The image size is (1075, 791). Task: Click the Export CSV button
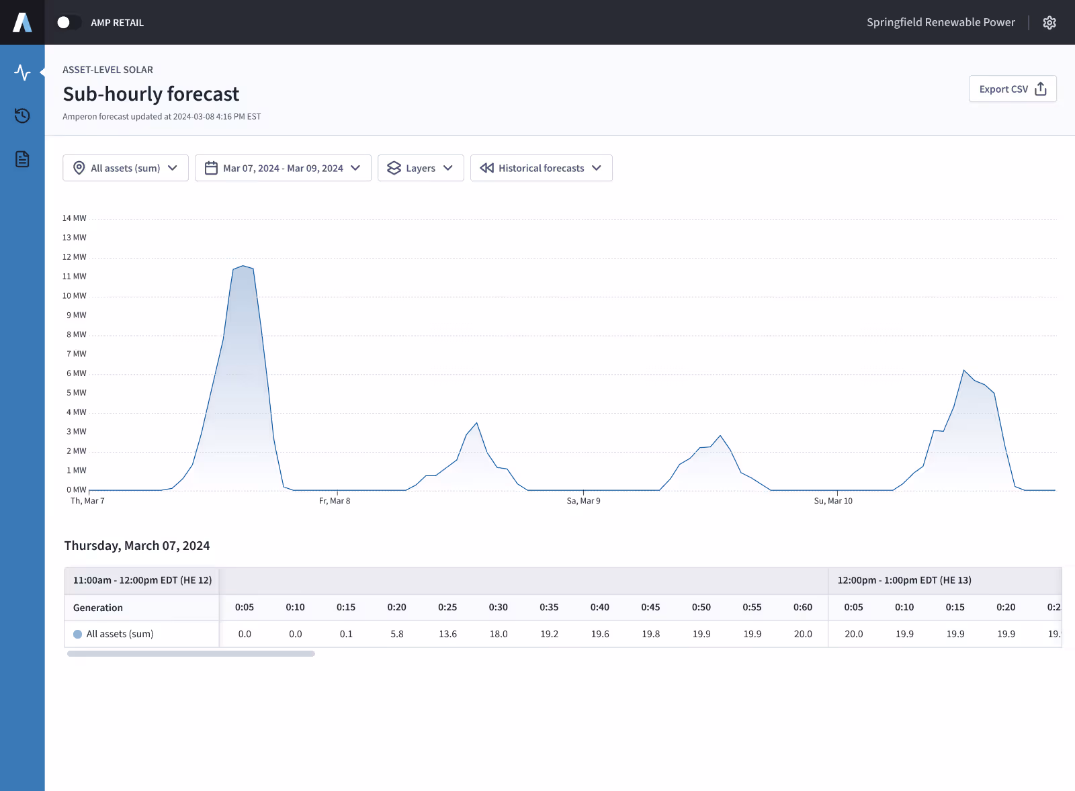pyautogui.click(x=1012, y=89)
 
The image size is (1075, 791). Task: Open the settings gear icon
pyautogui.click(x=1049, y=23)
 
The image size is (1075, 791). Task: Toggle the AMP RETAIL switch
pyautogui.click(x=69, y=23)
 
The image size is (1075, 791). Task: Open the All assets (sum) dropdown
pyautogui.click(x=126, y=168)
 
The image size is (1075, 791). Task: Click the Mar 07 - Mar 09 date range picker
pyautogui.click(x=283, y=168)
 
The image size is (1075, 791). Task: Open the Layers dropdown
pyautogui.click(x=421, y=168)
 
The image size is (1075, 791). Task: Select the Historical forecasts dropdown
pyautogui.click(x=541, y=168)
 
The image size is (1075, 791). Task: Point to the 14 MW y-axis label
pyautogui.click(x=75, y=218)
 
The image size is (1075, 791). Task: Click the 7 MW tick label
pyautogui.click(x=77, y=354)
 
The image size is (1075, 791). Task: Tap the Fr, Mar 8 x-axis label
pyautogui.click(x=335, y=501)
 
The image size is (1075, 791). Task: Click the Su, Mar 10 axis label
pyautogui.click(x=833, y=501)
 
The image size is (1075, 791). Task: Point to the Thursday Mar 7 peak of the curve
pyautogui.click(x=243, y=266)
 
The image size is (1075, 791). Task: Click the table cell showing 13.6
pyautogui.click(x=447, y=634)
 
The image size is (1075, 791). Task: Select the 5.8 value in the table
pyautogui.click(x=397, y=634)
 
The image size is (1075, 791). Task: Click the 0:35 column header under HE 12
pyautogui.click(x=549, y=607)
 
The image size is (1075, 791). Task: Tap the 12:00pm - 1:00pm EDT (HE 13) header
pyautogui.click(x=904, y=580)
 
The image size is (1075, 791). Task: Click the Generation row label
pyautogui.click(x=98, y=608)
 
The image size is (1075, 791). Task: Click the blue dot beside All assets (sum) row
pyautogui.click(x=78, y=634)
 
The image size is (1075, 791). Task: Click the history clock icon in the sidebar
pyautogui.click(x=22, y=115)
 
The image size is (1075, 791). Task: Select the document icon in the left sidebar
pyautogui.click(x=22, y=159)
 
